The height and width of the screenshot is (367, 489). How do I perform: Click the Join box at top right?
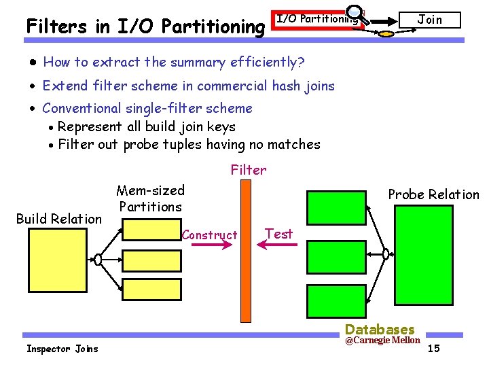(429, 20)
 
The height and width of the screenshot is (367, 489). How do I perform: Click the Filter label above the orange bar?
(249, 170)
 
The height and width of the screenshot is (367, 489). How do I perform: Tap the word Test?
(279, 234)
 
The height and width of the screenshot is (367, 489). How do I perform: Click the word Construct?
(210, 235)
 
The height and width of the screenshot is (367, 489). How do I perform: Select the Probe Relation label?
(433, 194)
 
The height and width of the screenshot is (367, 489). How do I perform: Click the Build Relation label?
(59, 219)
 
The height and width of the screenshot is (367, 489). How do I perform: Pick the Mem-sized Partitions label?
(150, 198)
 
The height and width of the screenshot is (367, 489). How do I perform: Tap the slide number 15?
(434, 349)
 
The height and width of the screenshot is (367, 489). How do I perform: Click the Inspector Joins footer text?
(62, 349)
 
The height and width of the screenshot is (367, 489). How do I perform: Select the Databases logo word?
(380, 330)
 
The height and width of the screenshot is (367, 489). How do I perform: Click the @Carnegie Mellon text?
(382, 340)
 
